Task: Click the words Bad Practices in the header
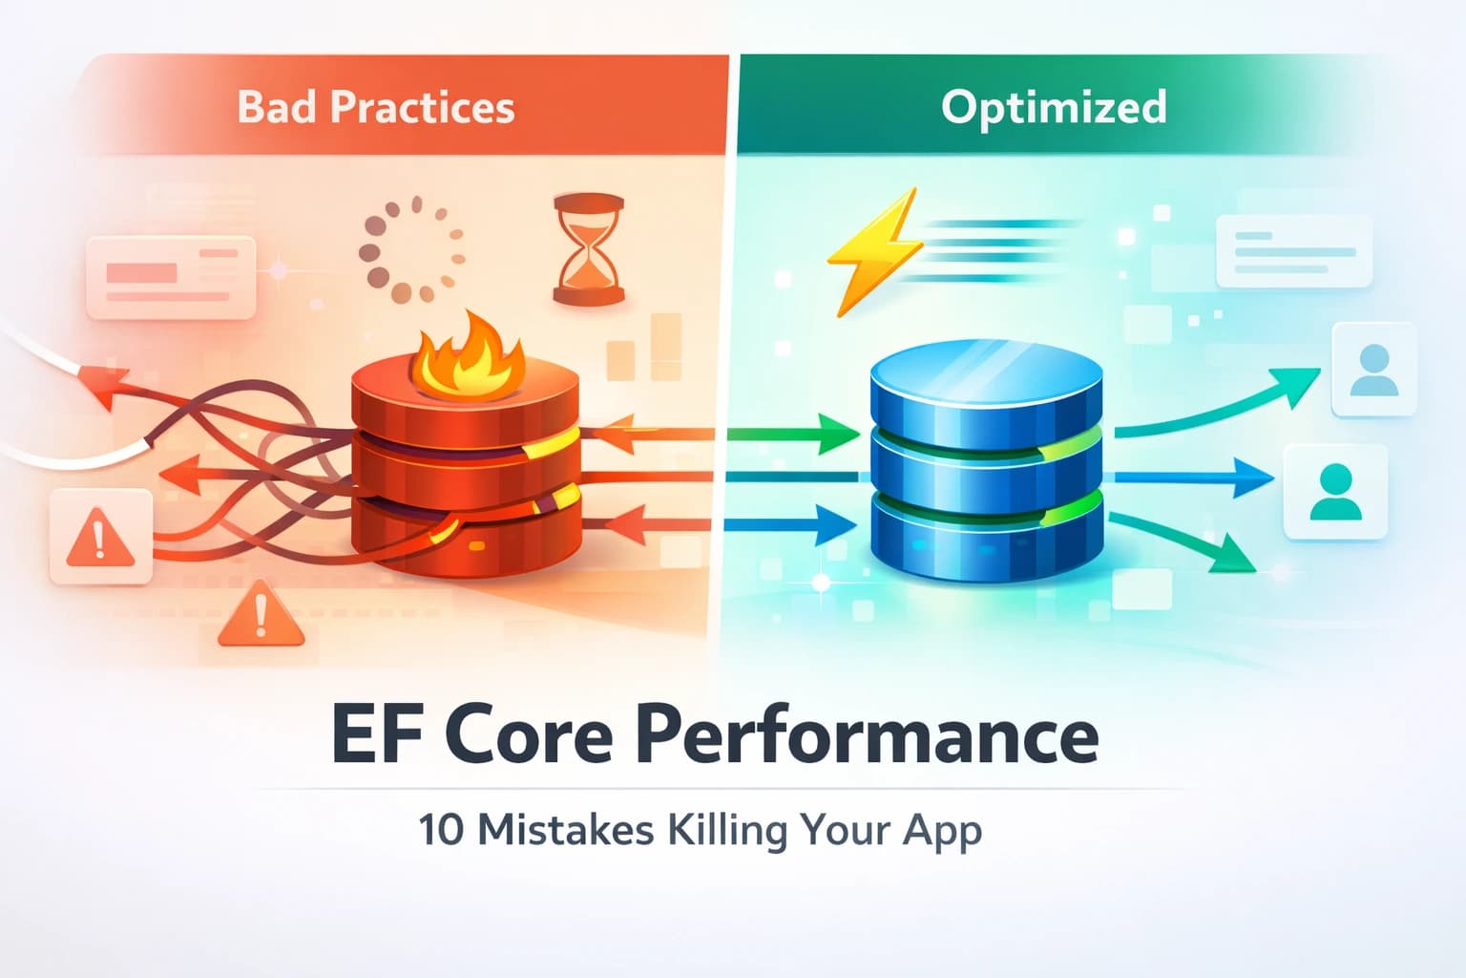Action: (x=375, y=107)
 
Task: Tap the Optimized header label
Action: (x=1053, y=107)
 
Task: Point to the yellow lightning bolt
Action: (x=874, y=250)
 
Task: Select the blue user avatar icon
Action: (x=1373, y=371)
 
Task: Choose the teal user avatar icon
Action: (x=1334, y=492)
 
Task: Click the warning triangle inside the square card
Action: (x=100, y=537)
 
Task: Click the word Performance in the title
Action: (x=867, y=735)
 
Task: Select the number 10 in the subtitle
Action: (x=441, y=829)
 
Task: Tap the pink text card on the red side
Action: (x=171, y=277)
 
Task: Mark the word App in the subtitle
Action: (x=942, y=831)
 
